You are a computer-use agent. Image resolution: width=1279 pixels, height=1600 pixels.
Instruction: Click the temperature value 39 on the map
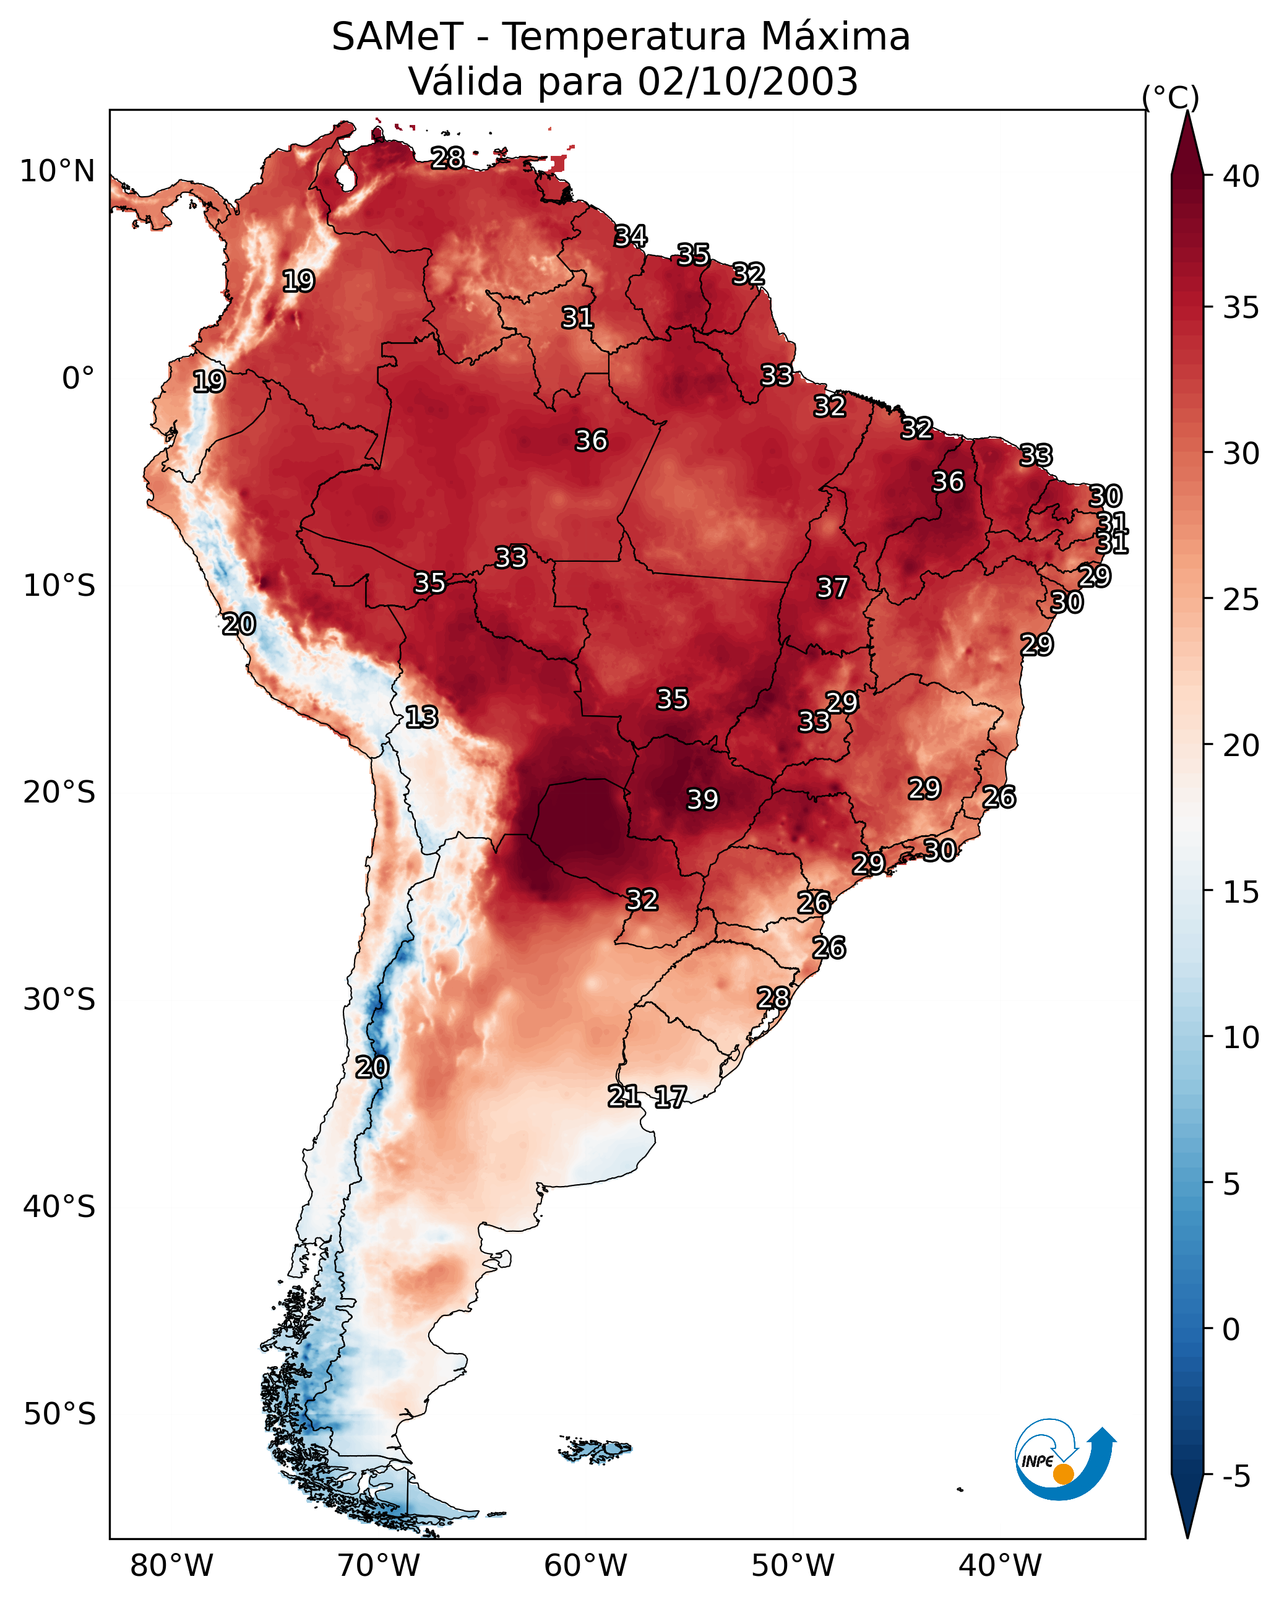[x=702, y=800]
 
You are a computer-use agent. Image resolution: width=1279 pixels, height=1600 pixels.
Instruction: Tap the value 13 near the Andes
[x=421, y=718]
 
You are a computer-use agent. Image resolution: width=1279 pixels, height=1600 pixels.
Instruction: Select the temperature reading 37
[x=832, y=588]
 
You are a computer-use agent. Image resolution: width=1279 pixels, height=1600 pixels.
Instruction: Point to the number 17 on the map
[x=670, y=1098]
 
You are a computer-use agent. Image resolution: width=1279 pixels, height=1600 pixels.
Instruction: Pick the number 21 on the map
[x=624, y=1096]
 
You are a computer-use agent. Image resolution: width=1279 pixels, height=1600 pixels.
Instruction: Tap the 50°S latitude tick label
[x=59, y=1414]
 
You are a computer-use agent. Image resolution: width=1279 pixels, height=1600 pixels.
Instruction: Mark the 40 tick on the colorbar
[x=1241, y=176]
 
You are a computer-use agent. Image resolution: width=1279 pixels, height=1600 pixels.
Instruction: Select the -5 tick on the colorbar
[x=1237, y=1477]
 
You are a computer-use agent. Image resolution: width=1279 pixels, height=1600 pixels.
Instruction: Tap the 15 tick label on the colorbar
[x=1241, y=892]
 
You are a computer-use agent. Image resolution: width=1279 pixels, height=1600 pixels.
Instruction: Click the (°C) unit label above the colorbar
[x=1171, y=97]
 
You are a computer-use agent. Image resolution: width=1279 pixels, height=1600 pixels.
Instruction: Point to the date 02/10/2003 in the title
[x=747, y=82]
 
